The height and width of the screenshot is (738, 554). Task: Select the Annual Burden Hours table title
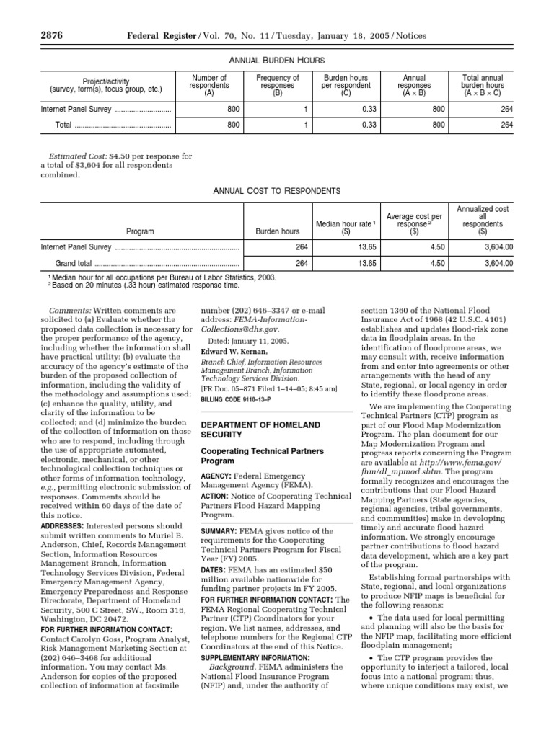pos(276,61)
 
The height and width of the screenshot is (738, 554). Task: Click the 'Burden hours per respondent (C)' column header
pos(346,85)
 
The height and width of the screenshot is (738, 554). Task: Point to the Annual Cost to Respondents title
pos(276,191)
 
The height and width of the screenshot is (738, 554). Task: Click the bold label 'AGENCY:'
pos(216,477)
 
